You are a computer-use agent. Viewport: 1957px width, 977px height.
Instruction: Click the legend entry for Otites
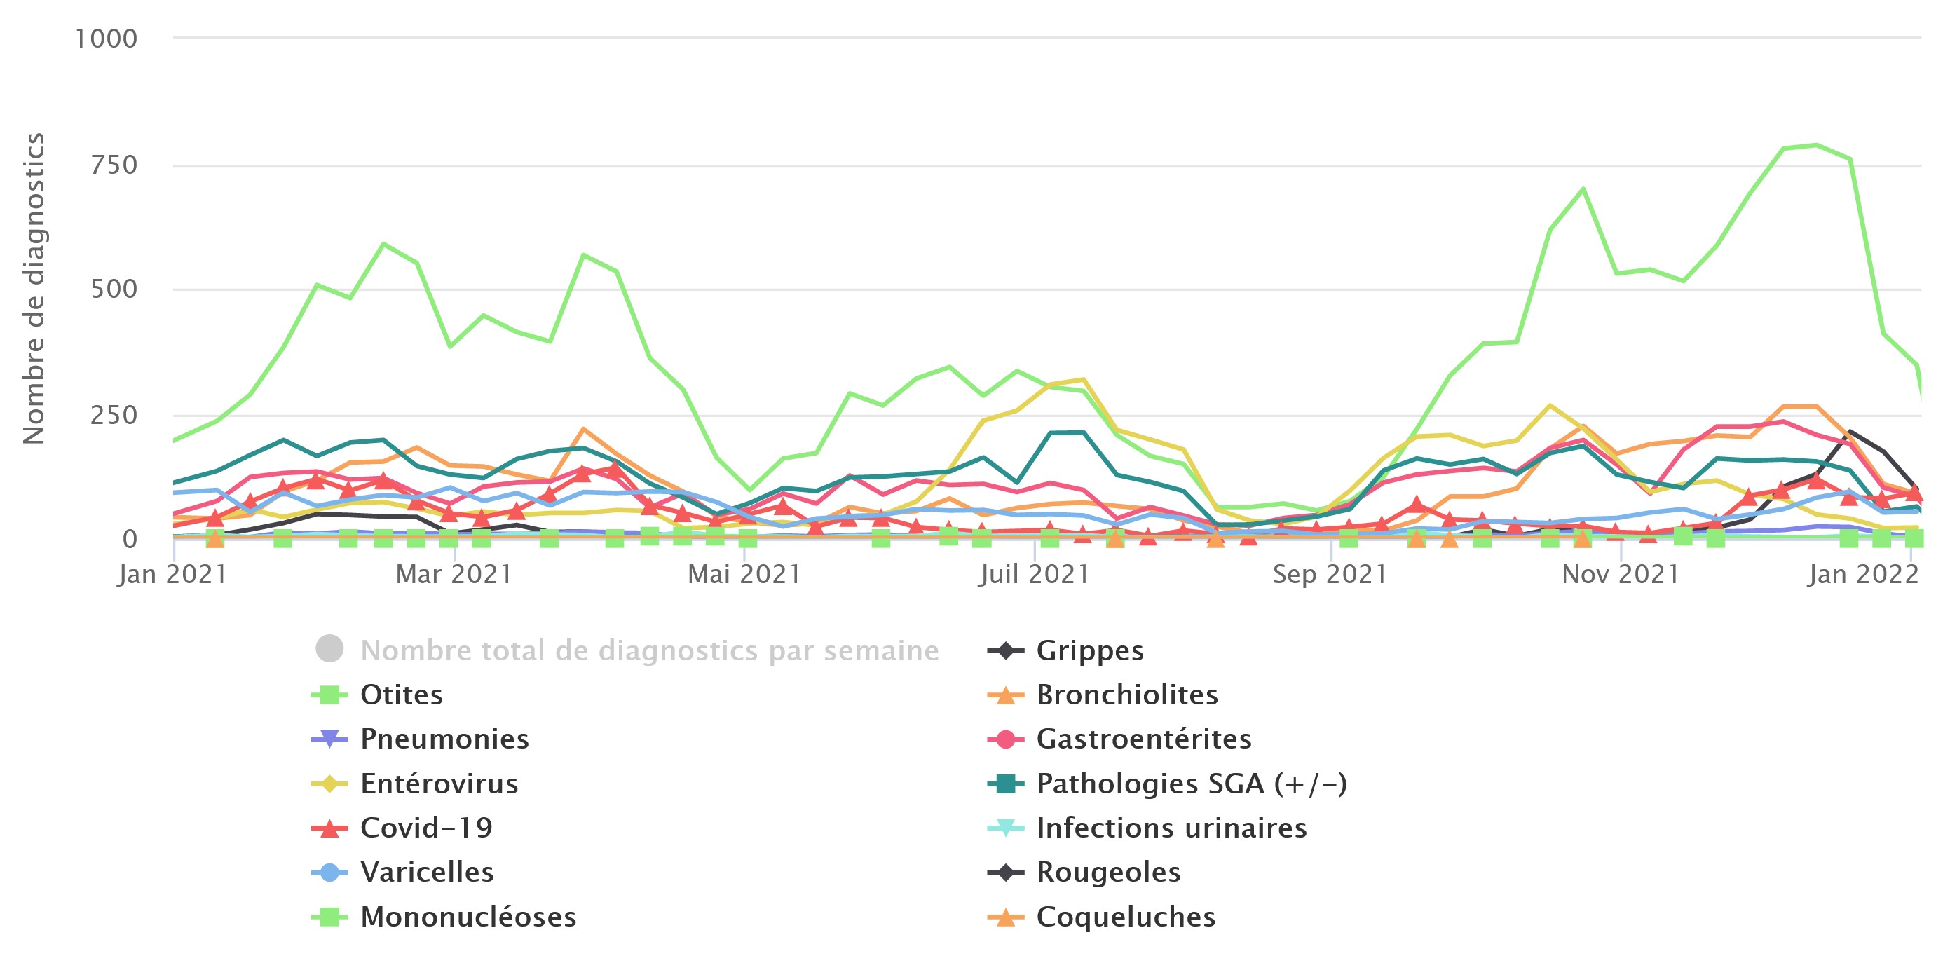(x=400, y=695)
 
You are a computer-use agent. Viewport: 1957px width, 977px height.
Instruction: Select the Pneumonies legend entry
(x=444, y=739)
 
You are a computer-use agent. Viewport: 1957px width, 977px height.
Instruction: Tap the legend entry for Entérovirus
(x=438, y=784)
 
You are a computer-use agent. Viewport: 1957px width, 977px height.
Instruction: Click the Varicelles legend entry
(x=426, y=872)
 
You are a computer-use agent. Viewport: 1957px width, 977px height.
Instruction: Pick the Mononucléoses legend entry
(x=468, y=917)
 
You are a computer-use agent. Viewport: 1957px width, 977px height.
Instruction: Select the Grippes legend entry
(x=1089, y=651)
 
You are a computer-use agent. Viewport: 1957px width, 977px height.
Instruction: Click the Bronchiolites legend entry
(x=1126, y=695)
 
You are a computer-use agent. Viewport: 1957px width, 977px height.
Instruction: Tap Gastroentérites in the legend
(x=1143, y=739)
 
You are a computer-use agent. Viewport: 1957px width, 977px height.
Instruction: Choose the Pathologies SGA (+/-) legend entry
(x=1191, y=784)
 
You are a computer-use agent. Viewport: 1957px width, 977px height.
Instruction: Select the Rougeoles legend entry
(x=1107, y=872)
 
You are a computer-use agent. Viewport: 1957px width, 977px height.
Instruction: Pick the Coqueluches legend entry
(x=1125, y=917)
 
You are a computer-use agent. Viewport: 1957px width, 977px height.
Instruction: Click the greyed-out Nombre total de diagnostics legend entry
(x=649, y=651)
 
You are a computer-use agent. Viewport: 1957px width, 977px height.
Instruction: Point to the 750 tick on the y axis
(x=114, y=165)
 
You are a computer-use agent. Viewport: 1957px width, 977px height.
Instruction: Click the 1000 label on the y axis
(x=107, y=39)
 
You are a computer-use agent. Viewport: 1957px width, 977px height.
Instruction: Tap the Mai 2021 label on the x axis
(x=744, y=574)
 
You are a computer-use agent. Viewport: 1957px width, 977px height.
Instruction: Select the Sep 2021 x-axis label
(x=1330, y=574)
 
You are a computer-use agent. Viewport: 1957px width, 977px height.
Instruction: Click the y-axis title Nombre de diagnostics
(x=34, y=289)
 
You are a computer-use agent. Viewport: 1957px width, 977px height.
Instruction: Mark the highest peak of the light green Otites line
(x=1815, y=145)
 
